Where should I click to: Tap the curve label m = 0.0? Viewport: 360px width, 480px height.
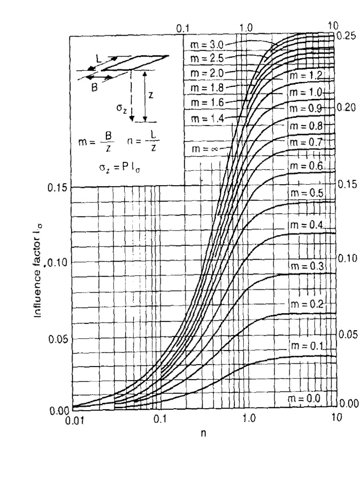[305, 398]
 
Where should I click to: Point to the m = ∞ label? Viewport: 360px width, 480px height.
[207, 149]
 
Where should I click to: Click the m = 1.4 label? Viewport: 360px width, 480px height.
[207, 118]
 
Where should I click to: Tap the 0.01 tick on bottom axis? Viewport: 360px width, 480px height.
[73, 420]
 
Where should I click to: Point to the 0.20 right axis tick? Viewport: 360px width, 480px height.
[345, 107]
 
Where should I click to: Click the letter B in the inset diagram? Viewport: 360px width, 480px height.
[94, 86]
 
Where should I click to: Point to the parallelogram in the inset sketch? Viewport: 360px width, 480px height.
[135, 63]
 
